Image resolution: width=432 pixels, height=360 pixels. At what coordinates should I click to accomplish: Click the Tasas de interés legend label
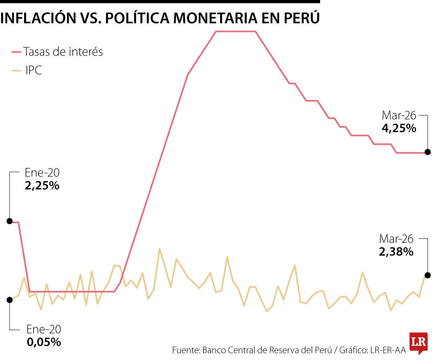click(63, 52)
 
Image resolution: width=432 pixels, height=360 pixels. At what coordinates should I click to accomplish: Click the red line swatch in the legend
click(16, 52)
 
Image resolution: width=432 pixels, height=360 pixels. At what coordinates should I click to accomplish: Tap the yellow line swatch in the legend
click(16, 71)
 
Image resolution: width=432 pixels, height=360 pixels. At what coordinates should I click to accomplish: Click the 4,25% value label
click(399, 129)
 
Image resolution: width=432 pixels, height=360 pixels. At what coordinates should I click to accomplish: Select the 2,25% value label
click(42, 186)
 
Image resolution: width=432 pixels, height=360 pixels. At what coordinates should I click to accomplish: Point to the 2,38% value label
click(396, 252)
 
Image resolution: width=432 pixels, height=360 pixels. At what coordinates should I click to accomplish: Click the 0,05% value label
click(44, 342)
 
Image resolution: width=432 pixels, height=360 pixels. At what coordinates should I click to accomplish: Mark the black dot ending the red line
click(428, 152)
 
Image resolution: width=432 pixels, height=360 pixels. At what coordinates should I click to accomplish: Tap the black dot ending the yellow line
click(428, 275)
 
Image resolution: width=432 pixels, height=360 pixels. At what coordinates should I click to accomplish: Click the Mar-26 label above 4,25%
click(399, 116)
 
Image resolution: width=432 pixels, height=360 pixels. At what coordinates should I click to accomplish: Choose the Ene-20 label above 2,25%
click(42, 173)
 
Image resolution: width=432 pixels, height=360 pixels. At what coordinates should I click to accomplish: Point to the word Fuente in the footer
click(186, 350)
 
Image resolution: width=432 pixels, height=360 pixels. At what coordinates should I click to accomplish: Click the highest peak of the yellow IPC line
click(159, 249)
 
